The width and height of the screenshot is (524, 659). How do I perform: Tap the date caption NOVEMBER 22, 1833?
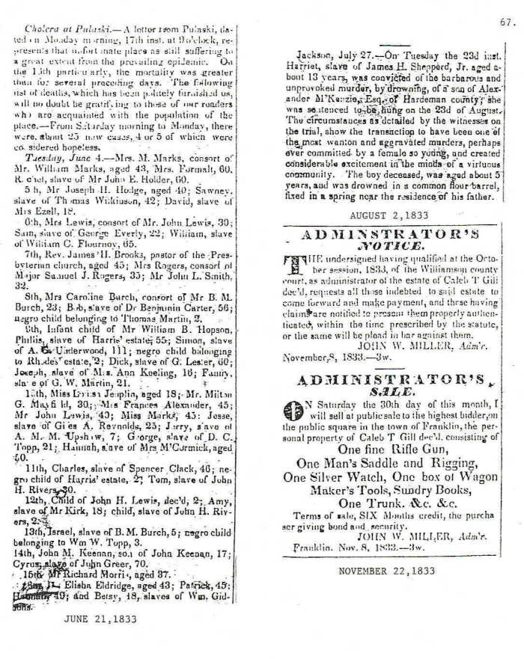[387, 570]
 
